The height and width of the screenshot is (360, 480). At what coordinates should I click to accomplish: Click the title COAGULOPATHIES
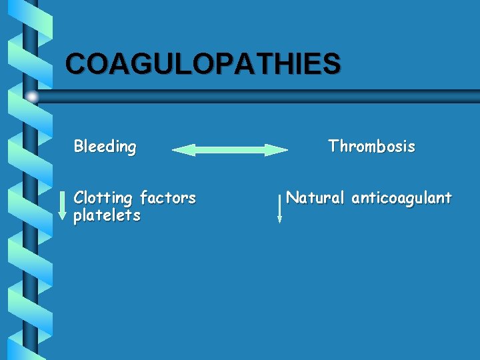[x=203, y=64]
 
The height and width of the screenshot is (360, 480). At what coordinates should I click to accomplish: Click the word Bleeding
[x=105, y=147]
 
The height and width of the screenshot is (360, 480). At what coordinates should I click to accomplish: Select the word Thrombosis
[x=371, y=147]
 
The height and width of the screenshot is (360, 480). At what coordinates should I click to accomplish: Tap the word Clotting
[x=103, y=198]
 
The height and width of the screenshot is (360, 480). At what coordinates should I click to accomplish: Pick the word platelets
[x=107, y=215]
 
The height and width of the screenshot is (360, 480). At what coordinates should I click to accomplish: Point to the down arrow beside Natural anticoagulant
[x=279, y=208]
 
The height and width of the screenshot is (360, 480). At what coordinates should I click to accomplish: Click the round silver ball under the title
[x=31, y=97]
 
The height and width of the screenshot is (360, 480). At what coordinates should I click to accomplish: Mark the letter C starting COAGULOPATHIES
[x=76, y=64]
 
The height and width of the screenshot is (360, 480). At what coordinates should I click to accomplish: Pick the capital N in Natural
[x=291, y=198]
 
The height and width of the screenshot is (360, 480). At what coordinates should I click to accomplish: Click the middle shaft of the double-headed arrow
[x=230, y=150]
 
